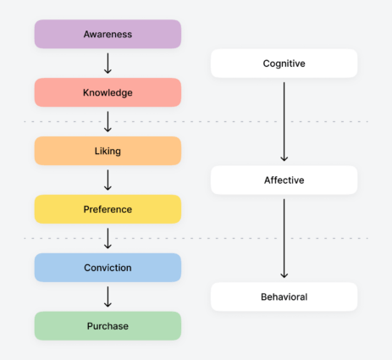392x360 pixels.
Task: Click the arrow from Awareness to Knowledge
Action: (x=108, y=63)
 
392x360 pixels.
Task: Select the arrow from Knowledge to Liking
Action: (x=108, y=121)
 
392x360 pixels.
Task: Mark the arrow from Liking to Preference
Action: (x=108, y=180)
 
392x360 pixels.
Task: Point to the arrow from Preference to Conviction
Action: (x=108, y=238)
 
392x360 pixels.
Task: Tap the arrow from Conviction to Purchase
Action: (x=108, y=296)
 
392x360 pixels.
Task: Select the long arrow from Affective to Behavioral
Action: (x=284, y=237)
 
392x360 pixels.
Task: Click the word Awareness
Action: (x=108, y=34)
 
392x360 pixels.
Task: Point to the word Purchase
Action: (x=108, y=325)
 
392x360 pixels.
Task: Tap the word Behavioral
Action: (x=284, y=296)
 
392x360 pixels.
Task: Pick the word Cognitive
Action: (x=284, y=64)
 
